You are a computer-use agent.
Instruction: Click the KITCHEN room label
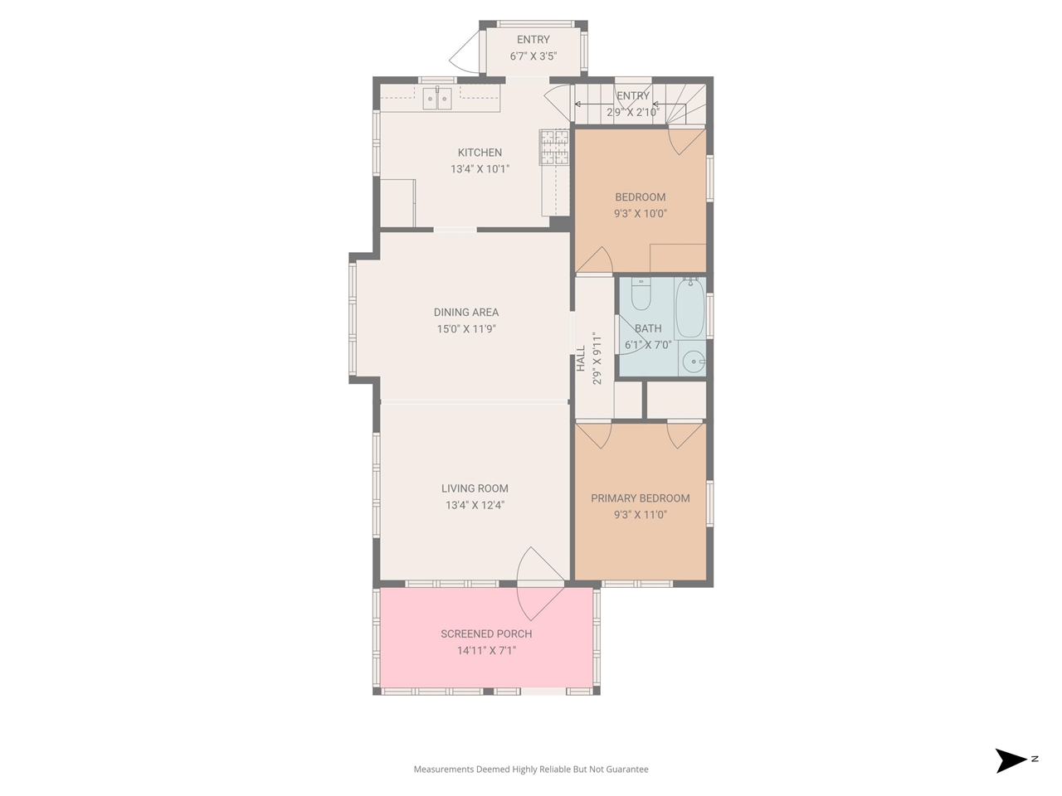point(480,153)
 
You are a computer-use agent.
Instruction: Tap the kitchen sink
point(437,99)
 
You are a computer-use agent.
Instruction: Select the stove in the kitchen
point(554,148)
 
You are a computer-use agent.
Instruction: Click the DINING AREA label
point(466,313)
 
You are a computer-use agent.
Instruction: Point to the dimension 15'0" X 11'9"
point(466,329)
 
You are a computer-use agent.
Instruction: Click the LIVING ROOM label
point(475,489)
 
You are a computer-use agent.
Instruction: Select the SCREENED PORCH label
point(486,634)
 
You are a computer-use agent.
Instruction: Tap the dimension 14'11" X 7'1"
point(486,651)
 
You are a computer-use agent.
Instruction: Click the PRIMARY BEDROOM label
point(640,498)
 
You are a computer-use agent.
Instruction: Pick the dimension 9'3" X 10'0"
point(640,214)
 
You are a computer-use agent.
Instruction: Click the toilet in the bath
point(641,294)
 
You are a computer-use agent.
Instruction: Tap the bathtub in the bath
point(689,308)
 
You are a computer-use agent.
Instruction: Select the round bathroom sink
point(693,362)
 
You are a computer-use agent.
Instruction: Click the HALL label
point(581,358)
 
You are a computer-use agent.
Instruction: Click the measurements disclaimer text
point(531,769)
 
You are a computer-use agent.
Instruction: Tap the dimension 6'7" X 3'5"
point(533,56)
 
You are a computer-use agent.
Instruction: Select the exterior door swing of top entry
point(465,51)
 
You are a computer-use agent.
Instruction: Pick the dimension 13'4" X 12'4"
point(475,505)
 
